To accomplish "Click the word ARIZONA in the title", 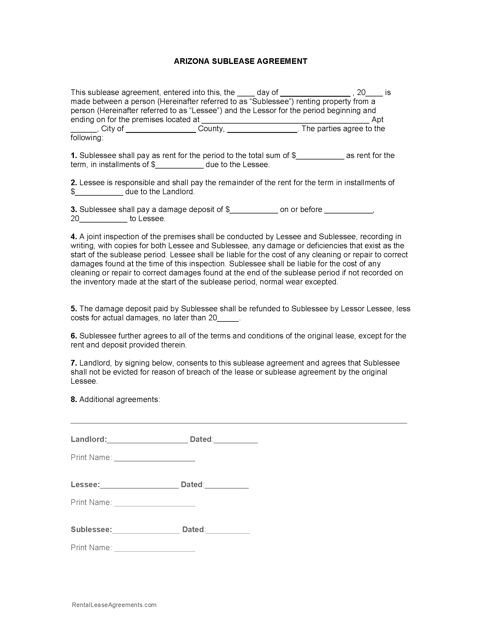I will pyautogui.click(x=192, y=61).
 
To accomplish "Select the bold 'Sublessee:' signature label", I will pyautogui.click(x=91, y=530).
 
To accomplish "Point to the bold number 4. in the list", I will pyautogui.click(x=74, y=237).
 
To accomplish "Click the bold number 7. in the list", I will pyautogui.click(x=74, y=363).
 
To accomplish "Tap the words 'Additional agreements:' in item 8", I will pyautogui.click(x=120, y=399).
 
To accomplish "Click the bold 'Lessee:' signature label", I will pyautogui.click(x=85, y=484).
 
